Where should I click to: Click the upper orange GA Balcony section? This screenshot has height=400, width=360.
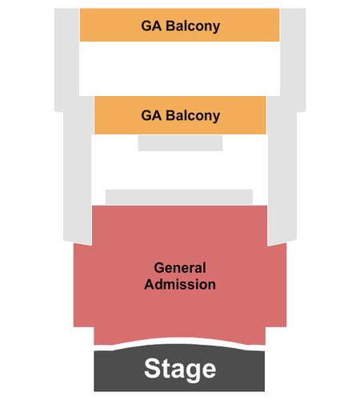click(179, 25)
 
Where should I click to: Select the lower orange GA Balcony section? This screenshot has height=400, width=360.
click(180, 115)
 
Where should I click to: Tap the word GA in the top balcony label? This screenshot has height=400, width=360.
click(151, 26)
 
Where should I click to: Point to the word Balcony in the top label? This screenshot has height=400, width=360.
click(193, 26)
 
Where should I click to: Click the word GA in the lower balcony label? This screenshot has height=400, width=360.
click(151, 115)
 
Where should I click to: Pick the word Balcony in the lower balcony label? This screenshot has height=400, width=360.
click(193, 116)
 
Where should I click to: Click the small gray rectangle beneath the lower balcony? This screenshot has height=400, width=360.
click(180, 143)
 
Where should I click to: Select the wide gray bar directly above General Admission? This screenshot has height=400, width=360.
click(179, 197)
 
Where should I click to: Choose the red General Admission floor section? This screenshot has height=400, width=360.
click(180, 274)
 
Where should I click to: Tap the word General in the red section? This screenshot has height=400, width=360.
click(180, 268)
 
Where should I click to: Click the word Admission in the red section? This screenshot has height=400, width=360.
click(180, 284)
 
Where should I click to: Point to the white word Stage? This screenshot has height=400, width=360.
click(180, 370)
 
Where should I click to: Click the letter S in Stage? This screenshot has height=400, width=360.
click(152, 368)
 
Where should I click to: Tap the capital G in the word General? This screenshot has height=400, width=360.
click(159, 268)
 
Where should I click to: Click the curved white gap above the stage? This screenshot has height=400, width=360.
click(179, 342)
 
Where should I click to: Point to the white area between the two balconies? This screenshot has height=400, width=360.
click(179, 69)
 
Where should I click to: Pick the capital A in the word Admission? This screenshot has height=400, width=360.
click(150, 284)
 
